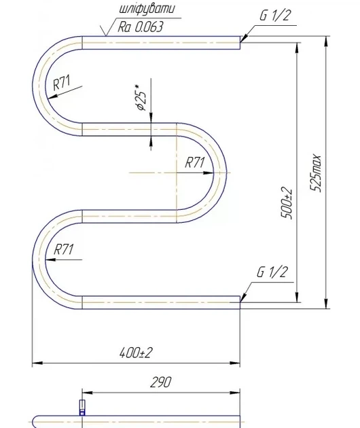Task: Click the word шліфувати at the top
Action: (147, 9)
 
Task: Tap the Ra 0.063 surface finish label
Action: (141, 26)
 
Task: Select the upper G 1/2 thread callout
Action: (274, 15)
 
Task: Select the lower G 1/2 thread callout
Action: (272, 272)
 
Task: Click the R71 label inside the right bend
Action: (194, 162)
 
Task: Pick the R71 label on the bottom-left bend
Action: (64, 249)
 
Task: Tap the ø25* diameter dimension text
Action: (141, 98)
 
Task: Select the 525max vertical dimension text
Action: (316, 173)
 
